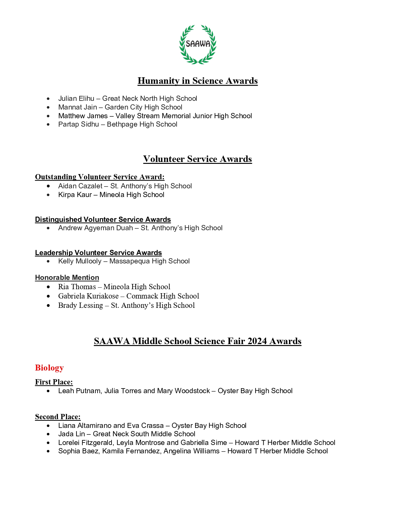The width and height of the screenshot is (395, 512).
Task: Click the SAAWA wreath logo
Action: point(198,44)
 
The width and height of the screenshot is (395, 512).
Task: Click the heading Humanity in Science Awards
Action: point(197,81)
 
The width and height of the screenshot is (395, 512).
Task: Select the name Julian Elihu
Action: point(76,99)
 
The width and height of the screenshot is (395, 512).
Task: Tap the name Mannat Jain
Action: point(77,107)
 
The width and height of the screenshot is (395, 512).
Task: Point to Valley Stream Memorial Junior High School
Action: point(184,116)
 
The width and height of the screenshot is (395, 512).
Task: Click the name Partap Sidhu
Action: point(78,124)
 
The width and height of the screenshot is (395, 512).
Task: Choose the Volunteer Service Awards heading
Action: point(197,159)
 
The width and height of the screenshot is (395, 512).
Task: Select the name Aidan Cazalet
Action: point(80,186)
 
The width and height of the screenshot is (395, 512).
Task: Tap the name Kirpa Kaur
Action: point(75,195)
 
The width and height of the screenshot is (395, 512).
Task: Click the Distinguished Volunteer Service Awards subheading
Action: point(103,220)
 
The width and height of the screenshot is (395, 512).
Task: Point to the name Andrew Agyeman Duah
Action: point(95,228)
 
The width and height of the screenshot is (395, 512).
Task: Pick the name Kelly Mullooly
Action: point(80,261)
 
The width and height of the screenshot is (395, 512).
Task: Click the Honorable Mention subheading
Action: point(67,278)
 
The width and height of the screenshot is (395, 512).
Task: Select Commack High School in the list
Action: point(163,296)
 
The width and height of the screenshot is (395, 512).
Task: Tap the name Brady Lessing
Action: point(81,305)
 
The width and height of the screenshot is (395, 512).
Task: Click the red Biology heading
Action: point(49,368)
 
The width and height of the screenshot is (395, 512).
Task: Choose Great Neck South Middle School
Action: point(144,434)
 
